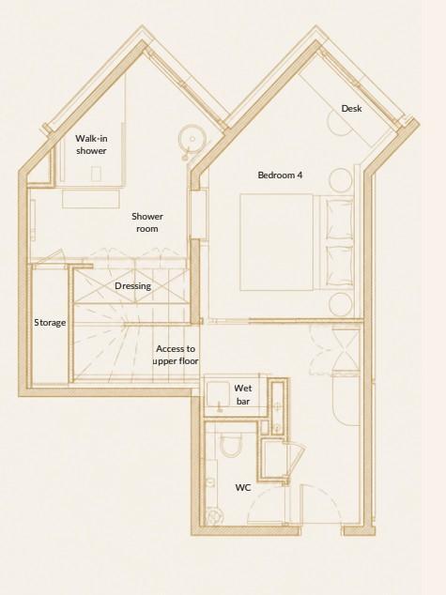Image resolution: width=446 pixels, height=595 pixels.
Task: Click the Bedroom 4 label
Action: (x=280, y=175)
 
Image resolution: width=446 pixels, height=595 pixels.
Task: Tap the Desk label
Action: (x=351, y=109)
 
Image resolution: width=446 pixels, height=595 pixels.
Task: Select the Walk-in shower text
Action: (x=91, y=145)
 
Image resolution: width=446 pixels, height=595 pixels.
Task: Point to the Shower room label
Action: (x=147, y=222)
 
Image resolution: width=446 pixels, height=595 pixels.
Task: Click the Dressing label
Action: (x=132, y=285)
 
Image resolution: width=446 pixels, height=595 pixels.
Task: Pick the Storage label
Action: (x=50, y=323)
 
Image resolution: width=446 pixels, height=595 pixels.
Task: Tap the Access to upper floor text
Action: (x=176, y=355)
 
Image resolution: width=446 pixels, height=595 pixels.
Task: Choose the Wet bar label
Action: (x=243, y=394)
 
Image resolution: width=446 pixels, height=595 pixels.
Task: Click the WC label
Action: (x=243, y=488)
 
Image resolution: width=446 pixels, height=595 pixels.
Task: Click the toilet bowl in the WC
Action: (x=230, y=445)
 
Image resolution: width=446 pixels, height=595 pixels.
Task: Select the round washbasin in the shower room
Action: (x=192, y=139)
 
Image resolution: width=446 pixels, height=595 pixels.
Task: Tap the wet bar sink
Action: (x=219, y=394)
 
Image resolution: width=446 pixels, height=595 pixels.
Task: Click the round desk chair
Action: (x=341, y=124)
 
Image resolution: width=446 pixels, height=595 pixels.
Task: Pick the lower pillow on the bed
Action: (x=339, y=266)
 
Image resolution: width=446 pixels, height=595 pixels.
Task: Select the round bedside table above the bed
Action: (x=341, y=180)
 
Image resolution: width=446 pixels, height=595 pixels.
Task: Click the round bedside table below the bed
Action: (x=341, y=305)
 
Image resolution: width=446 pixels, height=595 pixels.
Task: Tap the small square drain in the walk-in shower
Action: (x=97, y=174)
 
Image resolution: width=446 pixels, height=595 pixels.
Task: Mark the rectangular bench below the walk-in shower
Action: (x=91, y=199)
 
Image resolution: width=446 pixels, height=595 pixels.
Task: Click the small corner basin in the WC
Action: (x=214, y=517)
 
